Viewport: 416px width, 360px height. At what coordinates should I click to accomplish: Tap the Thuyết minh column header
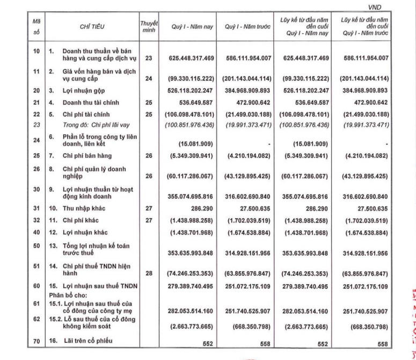(x=148, y=25)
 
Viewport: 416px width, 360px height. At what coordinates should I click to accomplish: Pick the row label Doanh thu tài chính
(x=89, y=102)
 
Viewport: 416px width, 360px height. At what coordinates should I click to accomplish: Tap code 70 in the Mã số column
(x=37, y=340)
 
